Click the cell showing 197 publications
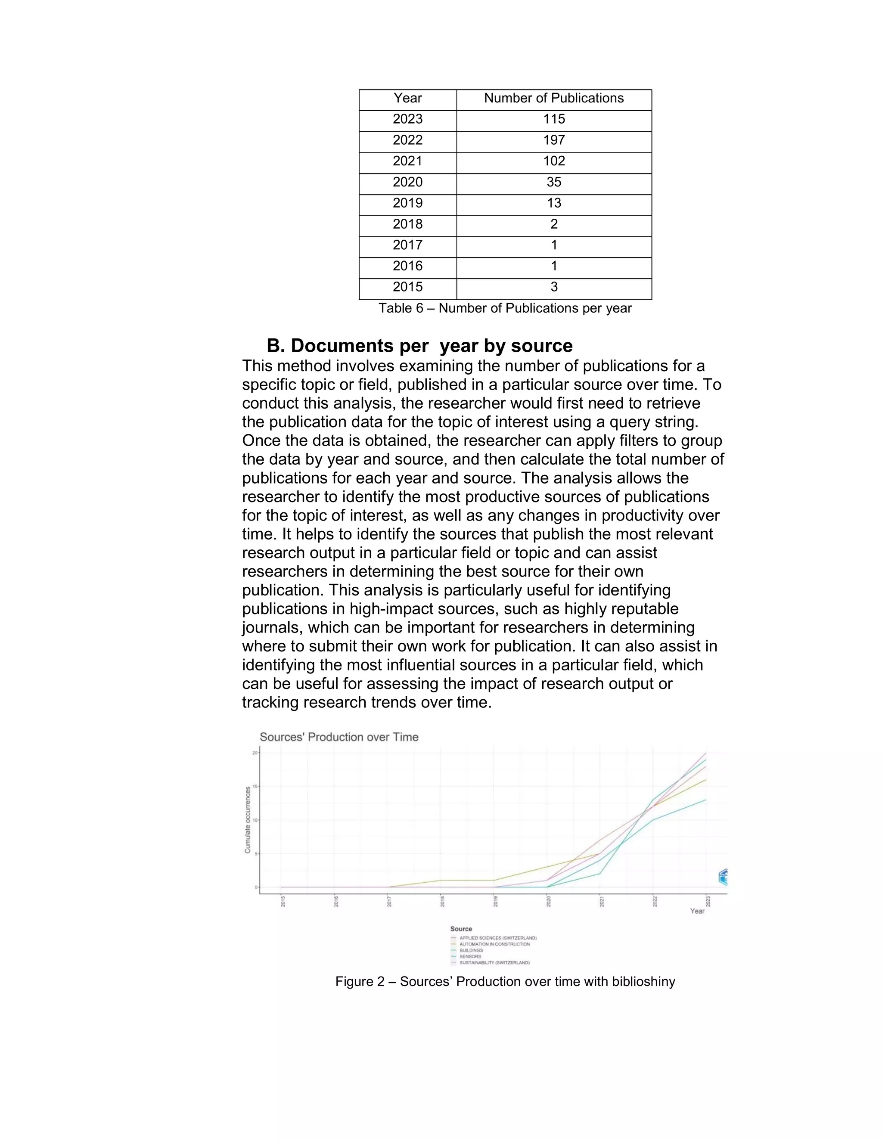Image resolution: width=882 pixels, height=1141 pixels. (x=554, y=140)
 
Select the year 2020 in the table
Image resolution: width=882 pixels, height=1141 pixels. (x=407, y=182)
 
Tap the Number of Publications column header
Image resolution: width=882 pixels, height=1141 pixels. (x=554, y=98)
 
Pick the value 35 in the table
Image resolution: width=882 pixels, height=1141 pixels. (x=554, y=182)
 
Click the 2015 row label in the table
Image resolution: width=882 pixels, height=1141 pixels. (x=407, y=287)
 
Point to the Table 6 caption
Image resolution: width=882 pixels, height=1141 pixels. (x=505, y=308)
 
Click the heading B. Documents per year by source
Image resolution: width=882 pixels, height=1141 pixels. (x=419, y=346)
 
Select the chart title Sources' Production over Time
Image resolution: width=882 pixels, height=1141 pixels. (x=339, y=737)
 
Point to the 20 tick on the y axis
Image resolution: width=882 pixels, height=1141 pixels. (x=255, y=753)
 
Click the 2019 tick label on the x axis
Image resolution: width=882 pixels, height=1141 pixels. (x=495, y=901)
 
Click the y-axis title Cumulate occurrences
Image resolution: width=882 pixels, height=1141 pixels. (x=248, y=820)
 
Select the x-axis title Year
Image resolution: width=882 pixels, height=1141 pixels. (x=697, y=911)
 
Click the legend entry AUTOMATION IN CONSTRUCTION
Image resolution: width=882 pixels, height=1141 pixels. (x=494, y=944)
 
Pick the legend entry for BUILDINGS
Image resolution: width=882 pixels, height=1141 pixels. (x=471, y=950)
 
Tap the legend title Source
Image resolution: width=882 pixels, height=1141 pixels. (x=461, y=929)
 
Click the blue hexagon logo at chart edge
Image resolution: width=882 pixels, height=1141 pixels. (x=723, y=877)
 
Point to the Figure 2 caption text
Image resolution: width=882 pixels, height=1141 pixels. (x=505, y=982)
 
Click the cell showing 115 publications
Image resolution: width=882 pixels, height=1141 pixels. (x=554, y=119)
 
